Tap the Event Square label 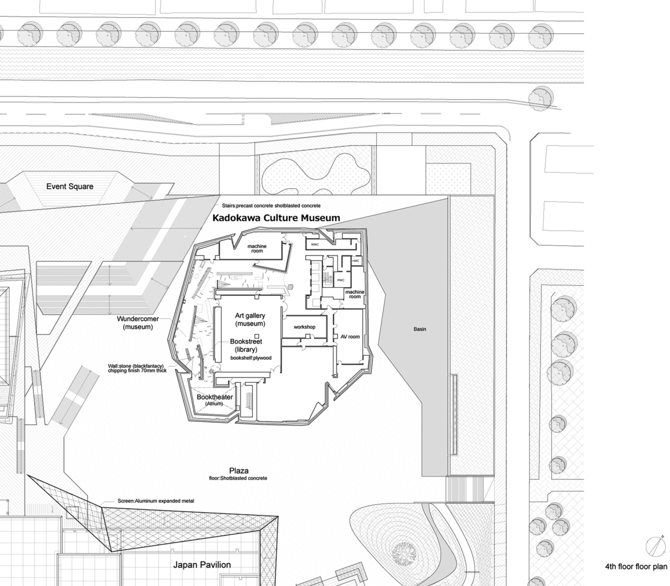pos(70,187)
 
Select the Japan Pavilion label pos(202,565)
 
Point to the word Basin pos(420,329)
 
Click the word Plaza pos(239,471)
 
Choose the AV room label pos(350,337)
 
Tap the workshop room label pos(305,326)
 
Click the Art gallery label pos(250,319)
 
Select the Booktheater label pos(215,397)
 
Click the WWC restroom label pos(315,244)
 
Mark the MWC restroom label pos(341,280)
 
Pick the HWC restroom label pos(356,260)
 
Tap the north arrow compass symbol pos(653,547)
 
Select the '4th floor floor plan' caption pos(636,567)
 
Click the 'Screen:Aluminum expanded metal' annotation pos(147,501)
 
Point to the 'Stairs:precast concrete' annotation pos(271,206)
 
